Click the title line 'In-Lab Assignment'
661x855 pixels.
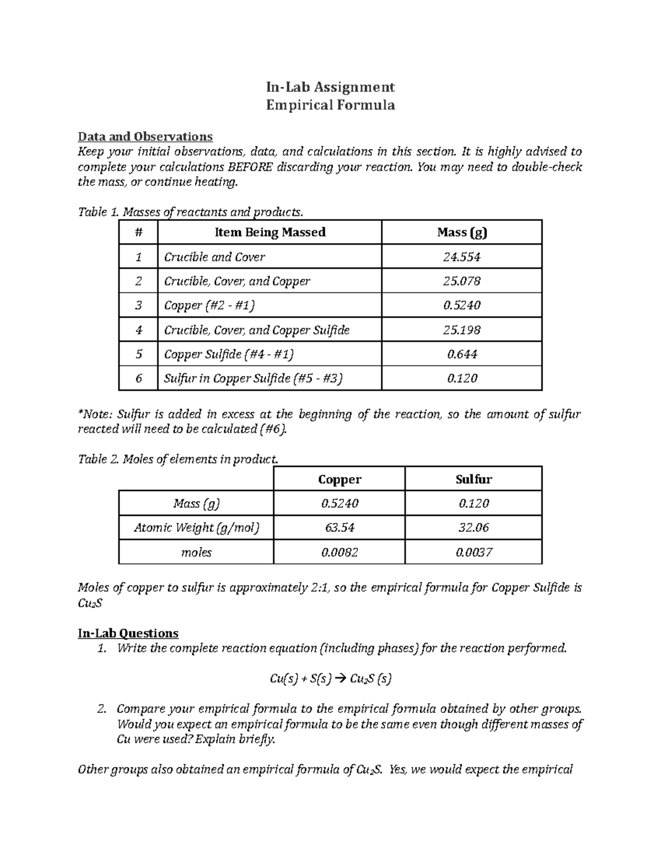tap(330, 87)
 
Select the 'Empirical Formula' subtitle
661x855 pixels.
tap(330, 105)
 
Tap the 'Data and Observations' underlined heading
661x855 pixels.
tap(145, 136)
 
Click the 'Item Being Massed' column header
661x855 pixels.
tap(269, 232)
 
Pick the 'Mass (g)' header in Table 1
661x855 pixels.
tap(462, 232)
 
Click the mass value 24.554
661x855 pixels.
tap(462, 257)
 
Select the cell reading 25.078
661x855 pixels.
tap(462, 281)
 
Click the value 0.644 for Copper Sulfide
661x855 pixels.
tap(462, 354)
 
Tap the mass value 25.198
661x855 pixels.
tap(462, 330)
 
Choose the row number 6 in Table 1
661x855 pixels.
tap(138, 378)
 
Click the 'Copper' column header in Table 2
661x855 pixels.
tap(339, 479)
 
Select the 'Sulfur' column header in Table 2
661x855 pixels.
tap(473, 479)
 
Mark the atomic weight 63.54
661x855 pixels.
tap(339, 527)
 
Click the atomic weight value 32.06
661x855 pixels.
tap(473, 527)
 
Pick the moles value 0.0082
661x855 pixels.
tap(339, 552)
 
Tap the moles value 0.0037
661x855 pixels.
tap(473, 552)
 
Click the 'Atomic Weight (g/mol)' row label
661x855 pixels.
tap(196, 527)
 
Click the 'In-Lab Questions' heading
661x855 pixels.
tap(128, 633)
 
